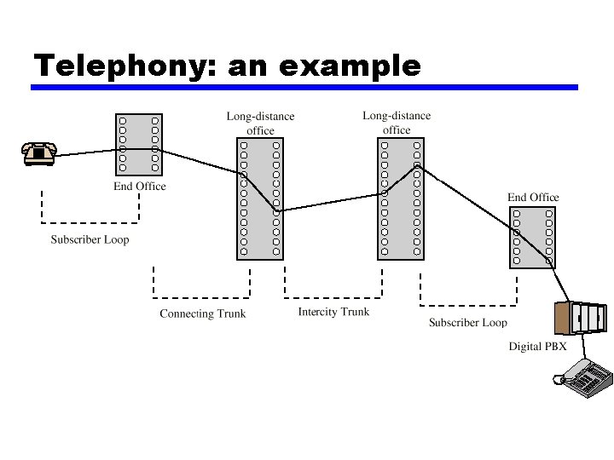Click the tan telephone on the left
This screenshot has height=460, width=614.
click(38, 153)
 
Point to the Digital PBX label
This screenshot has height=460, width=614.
click(537, 347)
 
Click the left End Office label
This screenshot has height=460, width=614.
click(140, 187)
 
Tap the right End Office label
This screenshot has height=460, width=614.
click(533, 198)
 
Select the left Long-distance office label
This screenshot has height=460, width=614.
click(260, 124)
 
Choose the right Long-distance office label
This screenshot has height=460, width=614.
click(397, 123)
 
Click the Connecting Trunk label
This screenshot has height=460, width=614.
click(202, 313)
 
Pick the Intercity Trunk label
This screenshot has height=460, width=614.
click(333, 312)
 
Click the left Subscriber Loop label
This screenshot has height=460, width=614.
click(90, 239)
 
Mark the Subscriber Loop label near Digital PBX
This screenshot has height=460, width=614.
click(467, 322)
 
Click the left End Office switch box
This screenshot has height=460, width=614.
click(139, 144)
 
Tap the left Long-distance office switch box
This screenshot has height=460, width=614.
click(259, 198)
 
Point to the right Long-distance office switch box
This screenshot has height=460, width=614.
click(400, 198)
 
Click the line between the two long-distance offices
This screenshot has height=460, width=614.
click(328, 202)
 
